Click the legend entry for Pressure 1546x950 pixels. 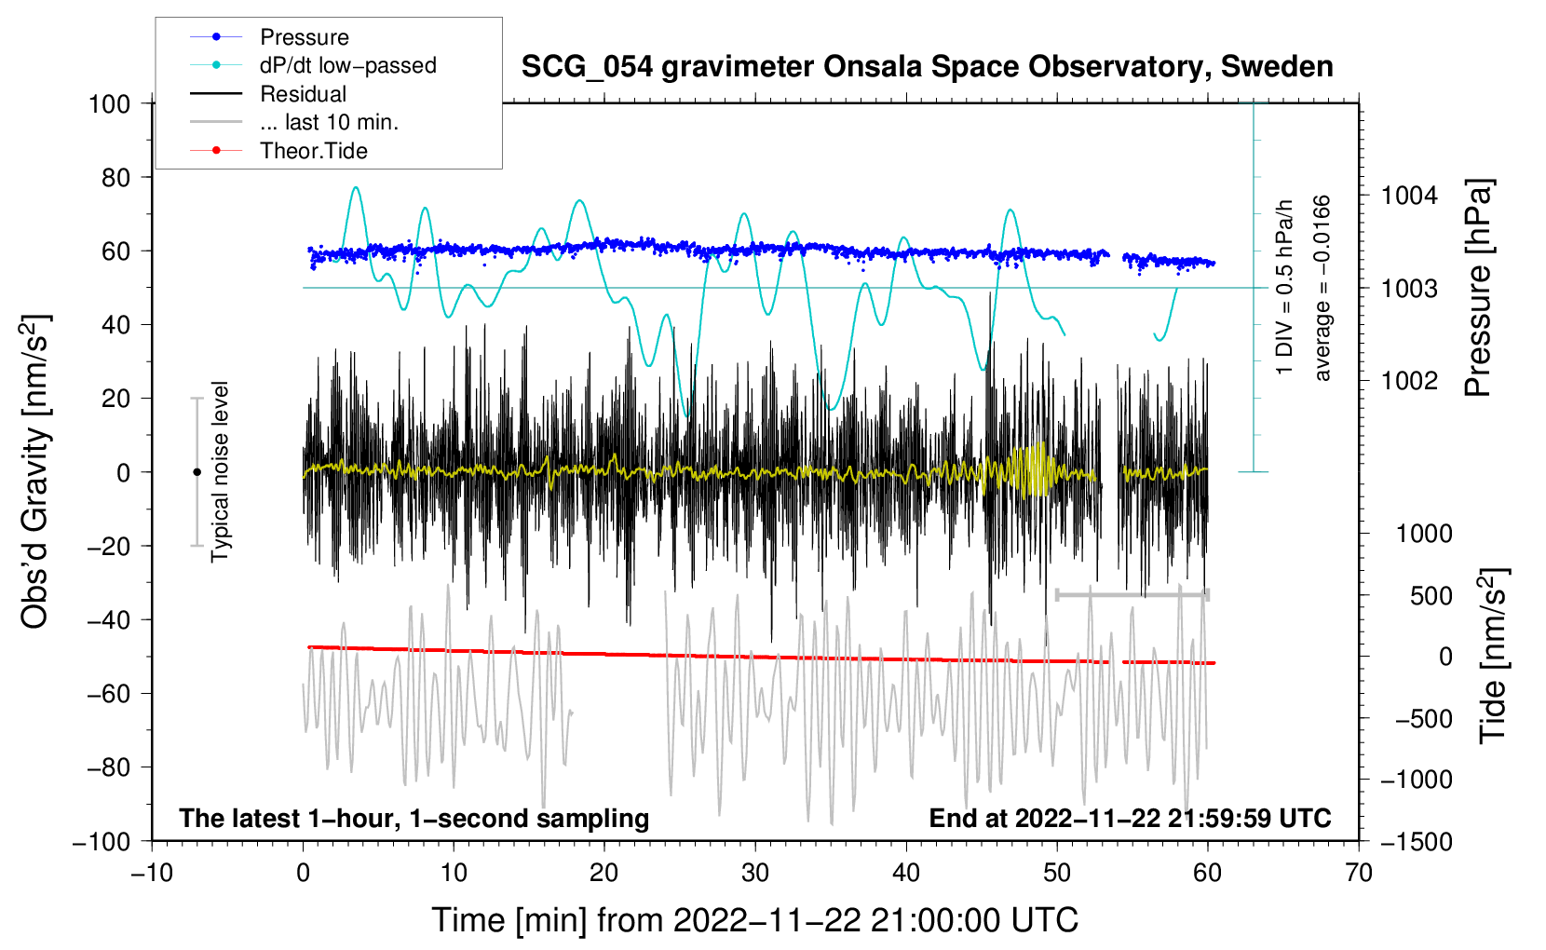[269, 36]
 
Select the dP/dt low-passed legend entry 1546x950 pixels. [313, 65]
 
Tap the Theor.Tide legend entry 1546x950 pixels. [278, 151]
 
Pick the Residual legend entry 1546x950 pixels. [268, 94]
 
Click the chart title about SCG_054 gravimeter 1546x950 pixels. [927, 67]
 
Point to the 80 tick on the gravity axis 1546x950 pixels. [115, 178]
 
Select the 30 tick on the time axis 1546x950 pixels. [755, 873]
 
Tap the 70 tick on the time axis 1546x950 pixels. [1358, 873]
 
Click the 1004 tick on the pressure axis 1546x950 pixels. [1409, 196]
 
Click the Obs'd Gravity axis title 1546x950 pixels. [36, 471]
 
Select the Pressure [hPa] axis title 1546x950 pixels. [1478, 288]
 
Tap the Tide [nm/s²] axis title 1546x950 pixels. [1493, 656]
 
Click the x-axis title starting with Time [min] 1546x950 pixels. [755, 920]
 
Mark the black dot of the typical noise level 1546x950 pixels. [197, 472]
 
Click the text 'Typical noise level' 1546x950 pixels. [220, 472]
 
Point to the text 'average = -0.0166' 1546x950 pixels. [1321, 288]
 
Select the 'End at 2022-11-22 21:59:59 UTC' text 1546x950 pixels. [1130, 818]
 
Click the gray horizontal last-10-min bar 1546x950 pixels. [1132, 594]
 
